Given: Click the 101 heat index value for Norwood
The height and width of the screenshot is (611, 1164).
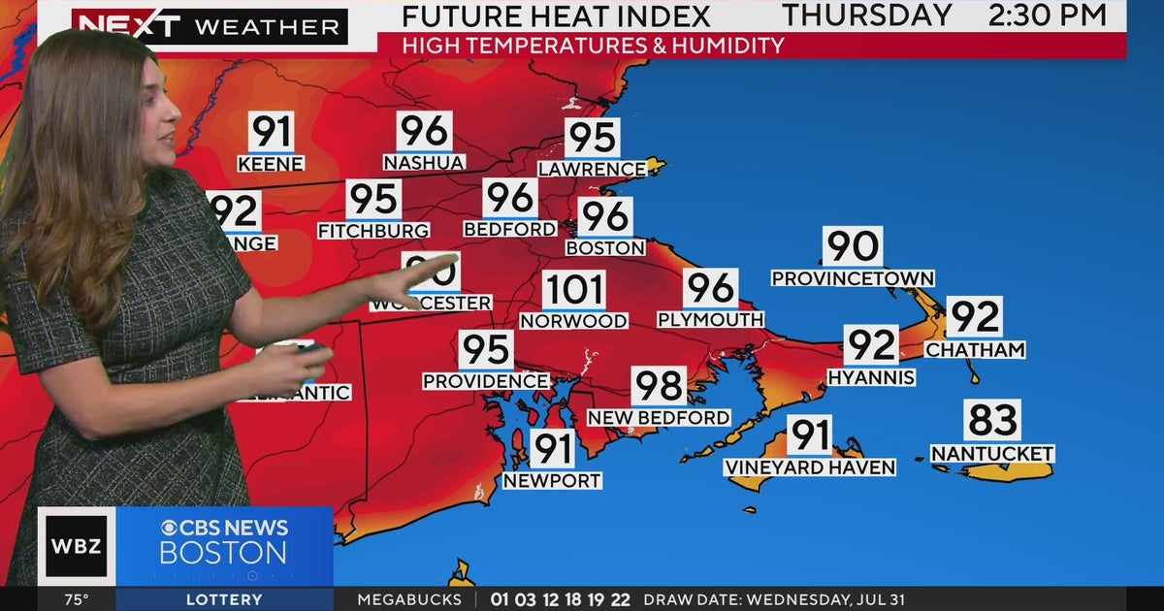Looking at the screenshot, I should tap(573, 291).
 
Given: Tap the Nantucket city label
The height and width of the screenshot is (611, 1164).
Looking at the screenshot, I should tap(992, 454).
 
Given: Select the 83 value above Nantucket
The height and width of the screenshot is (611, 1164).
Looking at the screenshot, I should tap(992, 421).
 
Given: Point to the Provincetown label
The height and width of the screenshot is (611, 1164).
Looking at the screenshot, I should tap(853, 278).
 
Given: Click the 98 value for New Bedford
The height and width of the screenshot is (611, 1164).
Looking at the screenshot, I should tap(659, 386).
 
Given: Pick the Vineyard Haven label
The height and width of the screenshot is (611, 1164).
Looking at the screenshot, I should tap(810, 467).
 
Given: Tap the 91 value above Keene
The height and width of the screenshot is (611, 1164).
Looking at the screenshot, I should tap(271, 132).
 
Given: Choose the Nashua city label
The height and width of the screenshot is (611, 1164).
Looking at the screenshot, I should tap(424, 163).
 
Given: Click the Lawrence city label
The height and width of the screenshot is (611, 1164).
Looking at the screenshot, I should tap(592, 169).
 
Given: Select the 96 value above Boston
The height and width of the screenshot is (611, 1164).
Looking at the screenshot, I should tap(604, 216).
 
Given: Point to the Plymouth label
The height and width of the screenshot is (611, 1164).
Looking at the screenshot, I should tap(710, 319).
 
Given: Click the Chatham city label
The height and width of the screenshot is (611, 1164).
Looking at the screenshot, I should tap(975, 349).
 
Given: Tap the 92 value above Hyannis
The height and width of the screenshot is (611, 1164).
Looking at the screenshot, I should tap(870, 345).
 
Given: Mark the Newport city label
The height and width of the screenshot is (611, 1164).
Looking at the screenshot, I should tap(552, 480).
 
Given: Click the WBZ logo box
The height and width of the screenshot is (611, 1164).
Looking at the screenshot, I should tap(76, 545).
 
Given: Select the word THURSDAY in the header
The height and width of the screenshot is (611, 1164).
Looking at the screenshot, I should tap(867, 16).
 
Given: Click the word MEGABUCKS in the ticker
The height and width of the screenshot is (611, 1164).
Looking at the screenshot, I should tap(409, 599).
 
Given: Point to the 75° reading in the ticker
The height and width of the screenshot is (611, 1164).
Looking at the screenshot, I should tap(77, 599).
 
